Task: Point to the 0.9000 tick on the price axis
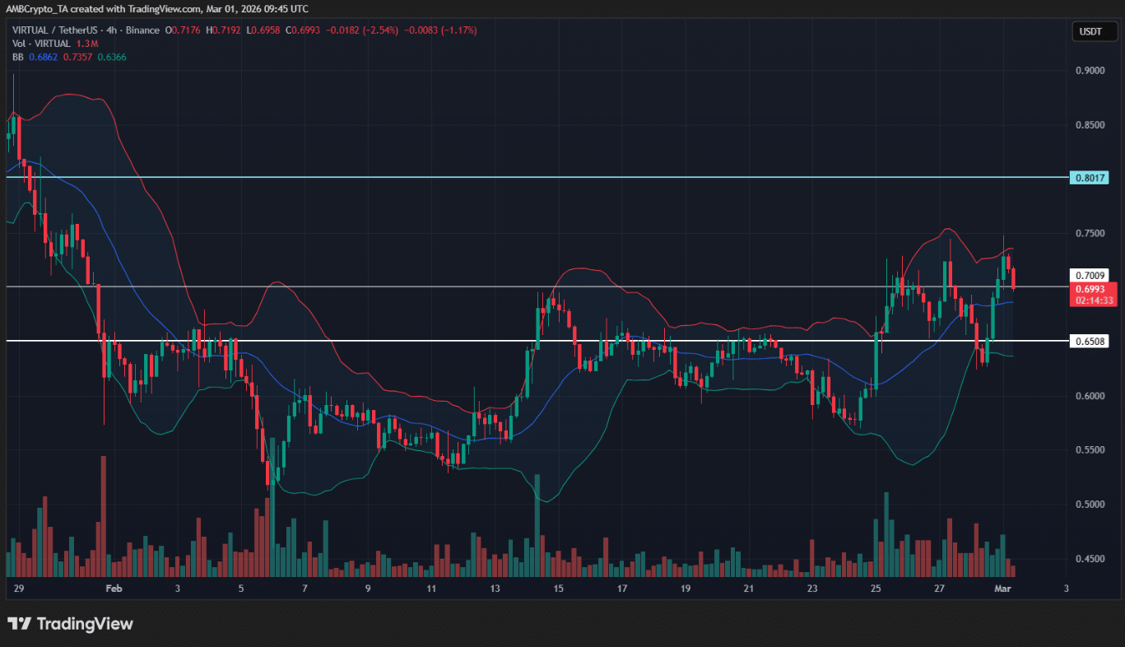pos(1091,71)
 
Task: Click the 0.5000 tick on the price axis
pos(1091,504)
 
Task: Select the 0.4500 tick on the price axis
pos(1091,558)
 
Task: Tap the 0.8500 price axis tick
pos(1091,125)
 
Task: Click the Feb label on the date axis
pos(114,589)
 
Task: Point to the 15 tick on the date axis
pos(558,589)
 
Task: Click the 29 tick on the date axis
pos(18,589)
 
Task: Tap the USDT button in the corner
pos(1092,32)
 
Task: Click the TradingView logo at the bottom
pos(70,624)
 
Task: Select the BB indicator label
pos(16,57)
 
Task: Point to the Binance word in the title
pos(142,30)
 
